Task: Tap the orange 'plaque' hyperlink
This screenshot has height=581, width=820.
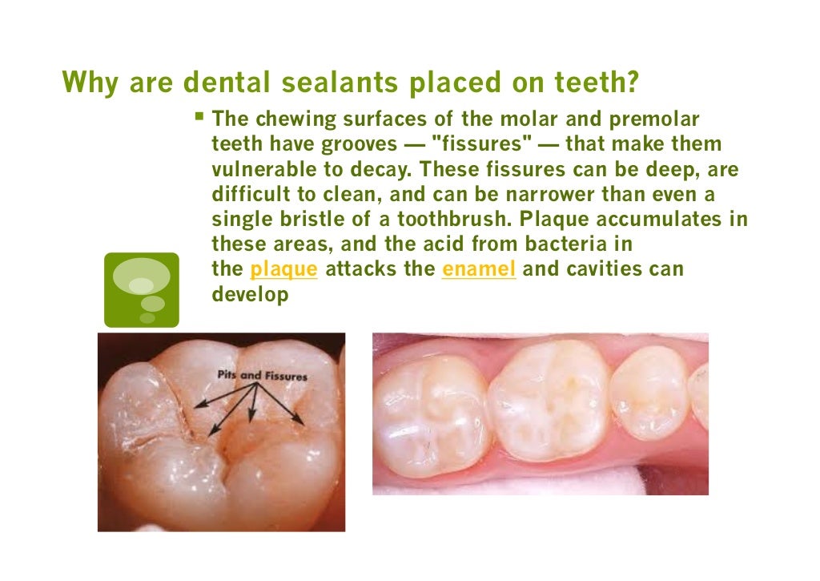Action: pos(284,269)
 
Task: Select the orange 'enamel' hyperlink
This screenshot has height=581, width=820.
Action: pos(479,269)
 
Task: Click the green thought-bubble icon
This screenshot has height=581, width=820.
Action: pos(142,289)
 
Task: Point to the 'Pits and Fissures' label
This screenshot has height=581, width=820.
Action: pos(263,375)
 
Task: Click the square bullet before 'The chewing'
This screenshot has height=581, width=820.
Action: pos(200,119)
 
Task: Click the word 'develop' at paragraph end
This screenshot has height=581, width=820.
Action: pos(250,294)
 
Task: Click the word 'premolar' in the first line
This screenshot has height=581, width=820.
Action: pos(655,120)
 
